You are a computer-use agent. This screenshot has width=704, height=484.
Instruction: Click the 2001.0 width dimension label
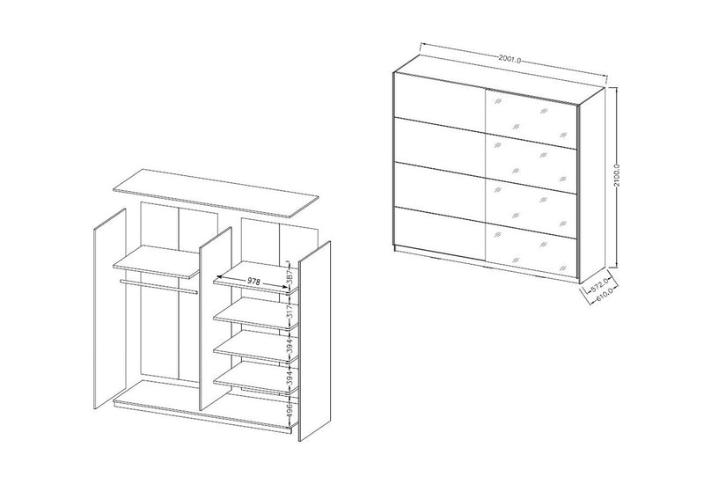(x=510, y=59)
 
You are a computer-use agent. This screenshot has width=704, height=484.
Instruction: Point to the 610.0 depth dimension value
(x=605, y=295)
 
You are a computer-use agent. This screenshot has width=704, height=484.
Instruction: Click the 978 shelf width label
(x=253, y=282)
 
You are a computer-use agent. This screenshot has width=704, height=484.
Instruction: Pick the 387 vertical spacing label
(x=290, y=275)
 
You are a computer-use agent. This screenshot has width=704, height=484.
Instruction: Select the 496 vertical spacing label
(x=290, y=408)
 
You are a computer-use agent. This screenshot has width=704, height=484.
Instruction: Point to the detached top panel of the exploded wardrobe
(x=216, y=194)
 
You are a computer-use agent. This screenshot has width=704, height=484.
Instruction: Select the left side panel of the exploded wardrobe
(x=110, y=309)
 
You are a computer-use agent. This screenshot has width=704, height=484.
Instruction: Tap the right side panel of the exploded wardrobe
(x=315, y=341)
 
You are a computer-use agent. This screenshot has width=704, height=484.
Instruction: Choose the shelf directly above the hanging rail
(x=157, y=261)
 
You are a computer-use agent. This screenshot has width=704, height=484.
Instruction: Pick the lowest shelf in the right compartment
(x=256, y=380)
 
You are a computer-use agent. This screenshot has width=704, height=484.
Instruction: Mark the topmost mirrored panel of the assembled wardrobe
(x=532, y=118)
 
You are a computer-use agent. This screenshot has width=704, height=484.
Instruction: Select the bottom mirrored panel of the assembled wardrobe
(x=532, y=249)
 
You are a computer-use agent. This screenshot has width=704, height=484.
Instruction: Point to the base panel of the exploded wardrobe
(x=204, y=407)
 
